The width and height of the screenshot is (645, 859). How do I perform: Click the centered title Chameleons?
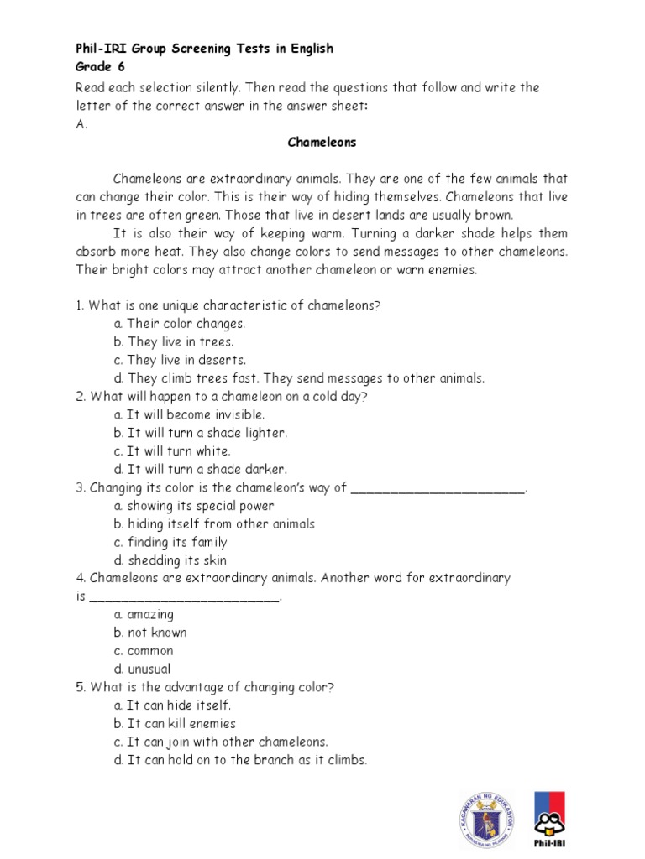(x=322, y=143)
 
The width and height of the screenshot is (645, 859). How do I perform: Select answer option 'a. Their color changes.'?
(x=180, y=324)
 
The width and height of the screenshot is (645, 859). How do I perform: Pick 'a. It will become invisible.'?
(x=189, y=415)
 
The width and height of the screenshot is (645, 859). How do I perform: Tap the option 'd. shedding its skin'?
(x=170, y=560)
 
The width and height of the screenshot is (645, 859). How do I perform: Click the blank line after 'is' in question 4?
(x=184, y=599)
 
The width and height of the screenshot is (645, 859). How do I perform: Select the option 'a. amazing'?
(x=144, y=615)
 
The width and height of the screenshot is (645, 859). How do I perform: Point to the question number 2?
(x=79, y=397)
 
